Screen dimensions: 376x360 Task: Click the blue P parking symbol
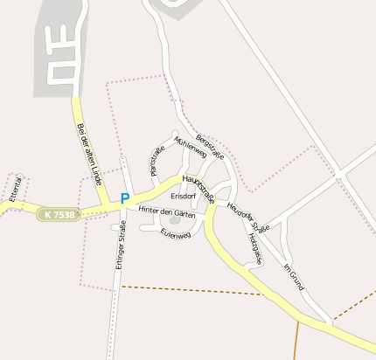[x=124, y=198]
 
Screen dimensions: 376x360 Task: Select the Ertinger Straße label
[x=122, y=244]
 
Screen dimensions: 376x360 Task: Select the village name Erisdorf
[x=184, y=197]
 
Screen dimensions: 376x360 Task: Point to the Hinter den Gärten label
[x=166, y=212]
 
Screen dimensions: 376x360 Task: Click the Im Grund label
[x=294, y=275]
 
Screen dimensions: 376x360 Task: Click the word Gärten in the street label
[x=183, y=212]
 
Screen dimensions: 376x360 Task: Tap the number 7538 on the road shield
[x=63, y=214]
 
